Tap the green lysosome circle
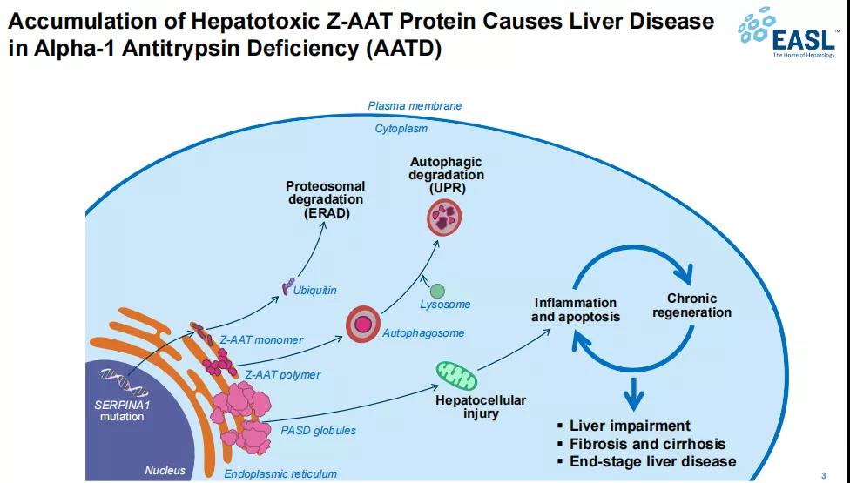(437, 291)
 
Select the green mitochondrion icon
(456, 374)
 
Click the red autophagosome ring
(364, 325)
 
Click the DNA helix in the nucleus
(120, 378)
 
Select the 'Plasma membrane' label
(415, 106)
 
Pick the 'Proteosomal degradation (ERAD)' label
(326, 199)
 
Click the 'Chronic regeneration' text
(692, 305)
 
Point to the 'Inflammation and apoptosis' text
(576, 310)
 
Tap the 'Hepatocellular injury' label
(481, 406)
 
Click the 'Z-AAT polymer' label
(282, 375)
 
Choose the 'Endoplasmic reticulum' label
(280, 474)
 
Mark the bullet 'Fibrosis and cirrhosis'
(647, 444)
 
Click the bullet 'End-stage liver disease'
(652, 461)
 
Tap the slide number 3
(823, 475)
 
